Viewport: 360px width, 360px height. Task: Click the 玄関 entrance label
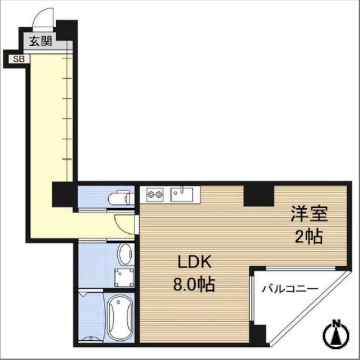coord(40,42)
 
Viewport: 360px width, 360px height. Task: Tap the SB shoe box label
coord(19,59)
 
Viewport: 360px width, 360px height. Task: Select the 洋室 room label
coord(309,214)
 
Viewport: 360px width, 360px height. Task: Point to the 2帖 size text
coord(309,236)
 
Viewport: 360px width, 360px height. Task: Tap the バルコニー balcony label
coord(290,288)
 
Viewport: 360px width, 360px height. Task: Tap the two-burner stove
coord(155,195)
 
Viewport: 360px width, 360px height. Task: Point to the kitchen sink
coord(182,195)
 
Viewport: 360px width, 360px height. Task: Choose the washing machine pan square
coord(124,277)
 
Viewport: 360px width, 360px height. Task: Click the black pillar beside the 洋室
coord(259,195)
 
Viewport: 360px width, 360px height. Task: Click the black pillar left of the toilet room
coord(63,194)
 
